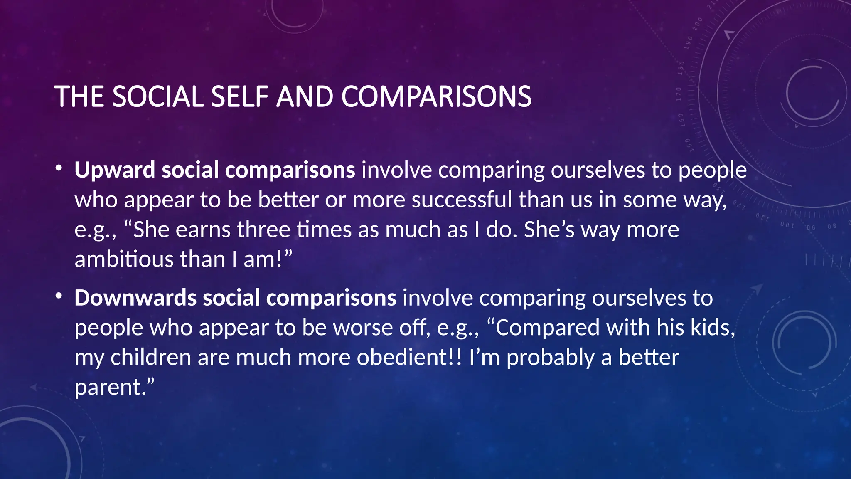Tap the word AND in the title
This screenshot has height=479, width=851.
pos(305,96)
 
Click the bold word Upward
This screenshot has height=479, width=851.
pos(115,170)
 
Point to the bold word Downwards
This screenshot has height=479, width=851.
pos(135,298)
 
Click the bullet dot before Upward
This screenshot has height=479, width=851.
pos(59,168)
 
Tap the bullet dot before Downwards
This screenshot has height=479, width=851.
pos(59,296)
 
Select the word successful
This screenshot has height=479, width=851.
pos(462,200)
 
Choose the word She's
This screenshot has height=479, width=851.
pos(549,230)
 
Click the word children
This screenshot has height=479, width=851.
pos(150,358)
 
